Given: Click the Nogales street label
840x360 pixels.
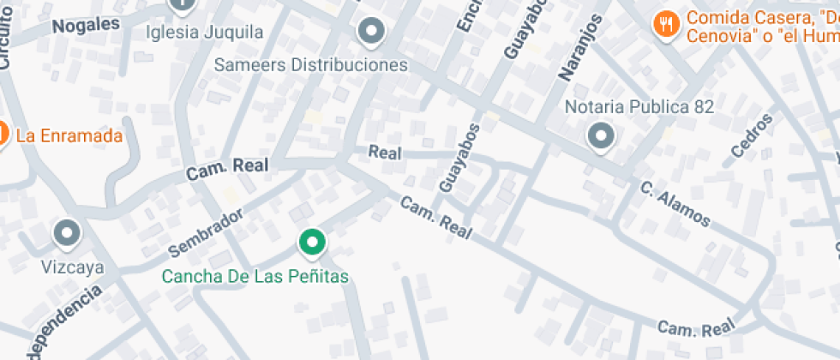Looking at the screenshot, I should [86, 24].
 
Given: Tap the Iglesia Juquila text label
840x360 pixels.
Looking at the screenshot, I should [205, 33].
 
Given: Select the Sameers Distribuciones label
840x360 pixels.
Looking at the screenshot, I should [310, 65].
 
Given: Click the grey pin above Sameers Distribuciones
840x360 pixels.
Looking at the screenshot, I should [371, 32].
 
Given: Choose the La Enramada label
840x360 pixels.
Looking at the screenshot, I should [69, 135].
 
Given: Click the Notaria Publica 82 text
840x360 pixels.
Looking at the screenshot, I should [639, 107].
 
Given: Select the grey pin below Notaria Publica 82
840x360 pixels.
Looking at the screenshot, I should [601, 136].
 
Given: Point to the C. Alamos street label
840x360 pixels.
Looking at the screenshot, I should [675, 204].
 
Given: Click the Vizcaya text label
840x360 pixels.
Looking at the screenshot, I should [73, 267].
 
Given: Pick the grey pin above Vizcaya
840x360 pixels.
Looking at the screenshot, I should [67, 232].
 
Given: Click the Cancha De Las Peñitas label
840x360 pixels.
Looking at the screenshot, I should [255, 276].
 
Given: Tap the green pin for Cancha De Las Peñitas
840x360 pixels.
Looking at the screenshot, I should [312, 243].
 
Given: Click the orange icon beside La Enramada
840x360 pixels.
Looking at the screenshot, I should [3, 135].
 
